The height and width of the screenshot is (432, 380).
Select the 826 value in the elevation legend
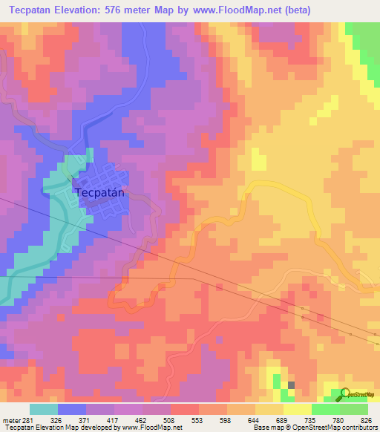click(x=363, y=419)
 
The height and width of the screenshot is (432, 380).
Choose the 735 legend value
click(x=312, y=419)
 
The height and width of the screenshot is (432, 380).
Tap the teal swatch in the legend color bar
click(x=44, y=409)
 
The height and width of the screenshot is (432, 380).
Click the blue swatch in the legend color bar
click(x=72, y=409)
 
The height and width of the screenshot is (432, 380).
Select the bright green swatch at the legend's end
click(x=354, y=409)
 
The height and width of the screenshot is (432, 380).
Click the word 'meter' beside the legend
click(x=9, y=419)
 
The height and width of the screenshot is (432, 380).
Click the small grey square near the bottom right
click(x=291, y=384)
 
